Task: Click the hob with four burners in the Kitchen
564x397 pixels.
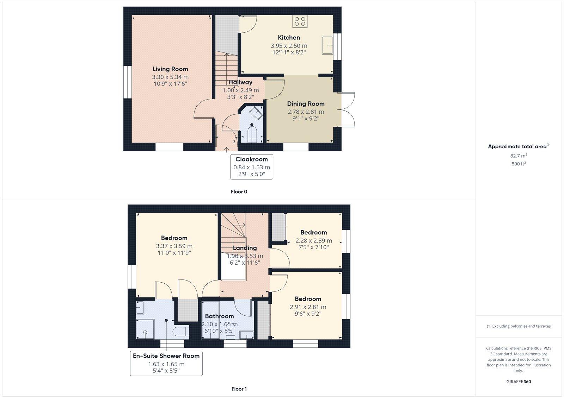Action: [300, 21]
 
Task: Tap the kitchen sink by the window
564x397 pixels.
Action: [327, 45]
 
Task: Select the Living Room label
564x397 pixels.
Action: [170, 69]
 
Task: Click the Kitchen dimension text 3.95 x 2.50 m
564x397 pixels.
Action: [289, 46]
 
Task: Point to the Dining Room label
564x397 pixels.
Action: [306, 104]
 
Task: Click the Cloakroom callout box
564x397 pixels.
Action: [252, 166]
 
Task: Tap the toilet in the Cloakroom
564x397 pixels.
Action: [252, 134]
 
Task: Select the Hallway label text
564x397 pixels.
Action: [240, 82]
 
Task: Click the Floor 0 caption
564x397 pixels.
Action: [239, 192]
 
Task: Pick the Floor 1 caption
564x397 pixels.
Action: [239, 389]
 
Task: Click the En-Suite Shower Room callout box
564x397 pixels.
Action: [166, 363]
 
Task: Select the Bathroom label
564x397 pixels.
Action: [219, 316]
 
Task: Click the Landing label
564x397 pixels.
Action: [245, 248]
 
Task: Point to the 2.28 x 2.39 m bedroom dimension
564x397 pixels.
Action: [313, 241]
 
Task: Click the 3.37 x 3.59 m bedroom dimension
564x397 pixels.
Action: [174, 246]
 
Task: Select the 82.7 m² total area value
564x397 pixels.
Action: [519, 156]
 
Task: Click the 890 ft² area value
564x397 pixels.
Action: [519, 164]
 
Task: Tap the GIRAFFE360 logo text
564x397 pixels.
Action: [519, 382]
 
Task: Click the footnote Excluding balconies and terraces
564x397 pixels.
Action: [519, 326]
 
